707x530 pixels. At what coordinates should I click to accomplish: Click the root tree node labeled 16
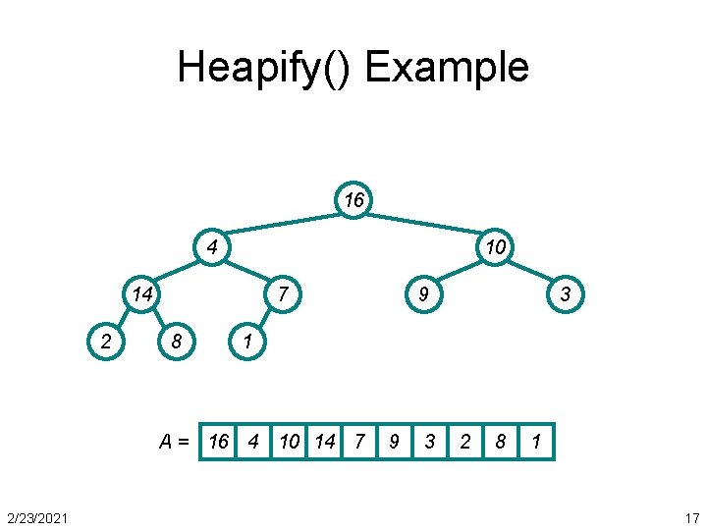[x=353, y=200]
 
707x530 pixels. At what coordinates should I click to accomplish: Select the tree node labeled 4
[x=212, y=246]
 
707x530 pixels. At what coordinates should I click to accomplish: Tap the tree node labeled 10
[x=495, y=246]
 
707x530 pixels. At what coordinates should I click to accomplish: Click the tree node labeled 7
[x=283, y=292]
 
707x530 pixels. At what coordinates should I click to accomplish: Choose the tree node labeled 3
[x=566, y=292]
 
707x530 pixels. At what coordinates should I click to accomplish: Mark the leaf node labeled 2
[x=106, y=341]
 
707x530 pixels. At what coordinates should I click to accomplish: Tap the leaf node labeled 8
[x=177, y=341]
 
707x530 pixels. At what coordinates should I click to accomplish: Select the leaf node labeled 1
[x=247, y=341]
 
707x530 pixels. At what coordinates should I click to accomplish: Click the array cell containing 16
[x=218, y=442]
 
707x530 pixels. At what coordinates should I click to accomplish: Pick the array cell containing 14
[x=324, y=442]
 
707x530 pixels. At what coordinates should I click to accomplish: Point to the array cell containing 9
[x=394, y=442]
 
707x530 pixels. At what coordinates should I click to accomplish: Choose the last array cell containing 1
[x=536, y=442]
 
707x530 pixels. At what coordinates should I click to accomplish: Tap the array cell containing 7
[x=359, y=442]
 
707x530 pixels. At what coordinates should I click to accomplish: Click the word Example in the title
[x=447, y=68]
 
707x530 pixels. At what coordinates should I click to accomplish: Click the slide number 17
[x=691, y=517]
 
